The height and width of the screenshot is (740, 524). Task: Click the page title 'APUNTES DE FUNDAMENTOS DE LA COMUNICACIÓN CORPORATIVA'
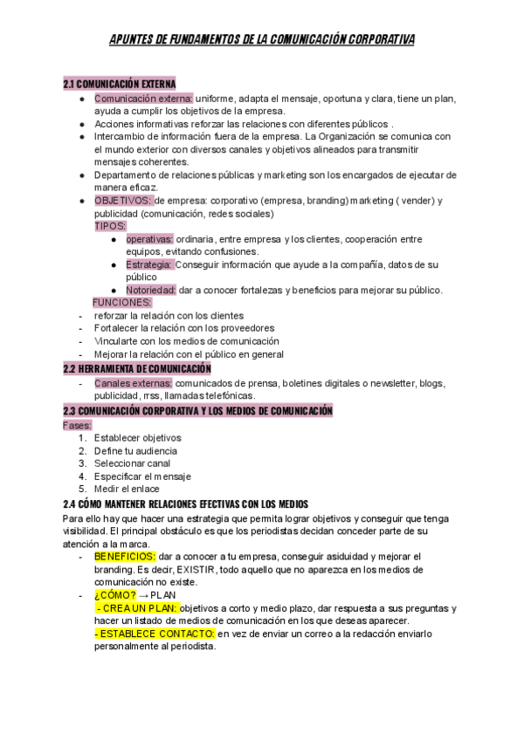tap(262, 40)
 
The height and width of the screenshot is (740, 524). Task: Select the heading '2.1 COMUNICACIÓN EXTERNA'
tap(120, 84)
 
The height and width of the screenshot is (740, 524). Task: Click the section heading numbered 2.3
tap(198, 410)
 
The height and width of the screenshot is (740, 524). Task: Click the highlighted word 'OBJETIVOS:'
tap(122, 200)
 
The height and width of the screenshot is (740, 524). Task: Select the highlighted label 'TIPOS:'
tap(110, 226)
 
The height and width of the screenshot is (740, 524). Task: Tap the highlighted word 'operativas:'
tap(149, 239)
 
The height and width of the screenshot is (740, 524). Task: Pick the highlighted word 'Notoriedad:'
tap(151, 290)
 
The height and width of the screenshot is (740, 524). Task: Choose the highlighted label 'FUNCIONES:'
tap(123, 302)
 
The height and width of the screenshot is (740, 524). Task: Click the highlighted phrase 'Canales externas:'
tap(134, 383)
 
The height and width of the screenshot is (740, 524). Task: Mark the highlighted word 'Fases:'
tap(77, 425)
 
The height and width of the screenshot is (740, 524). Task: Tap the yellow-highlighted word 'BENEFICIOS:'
tap(125, 556)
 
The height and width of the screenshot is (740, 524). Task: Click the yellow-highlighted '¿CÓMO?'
tap(114, 594)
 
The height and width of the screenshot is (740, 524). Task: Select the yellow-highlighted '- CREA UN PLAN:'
tap(136, 607)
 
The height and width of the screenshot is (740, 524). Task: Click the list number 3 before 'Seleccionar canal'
tap(82, 463)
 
